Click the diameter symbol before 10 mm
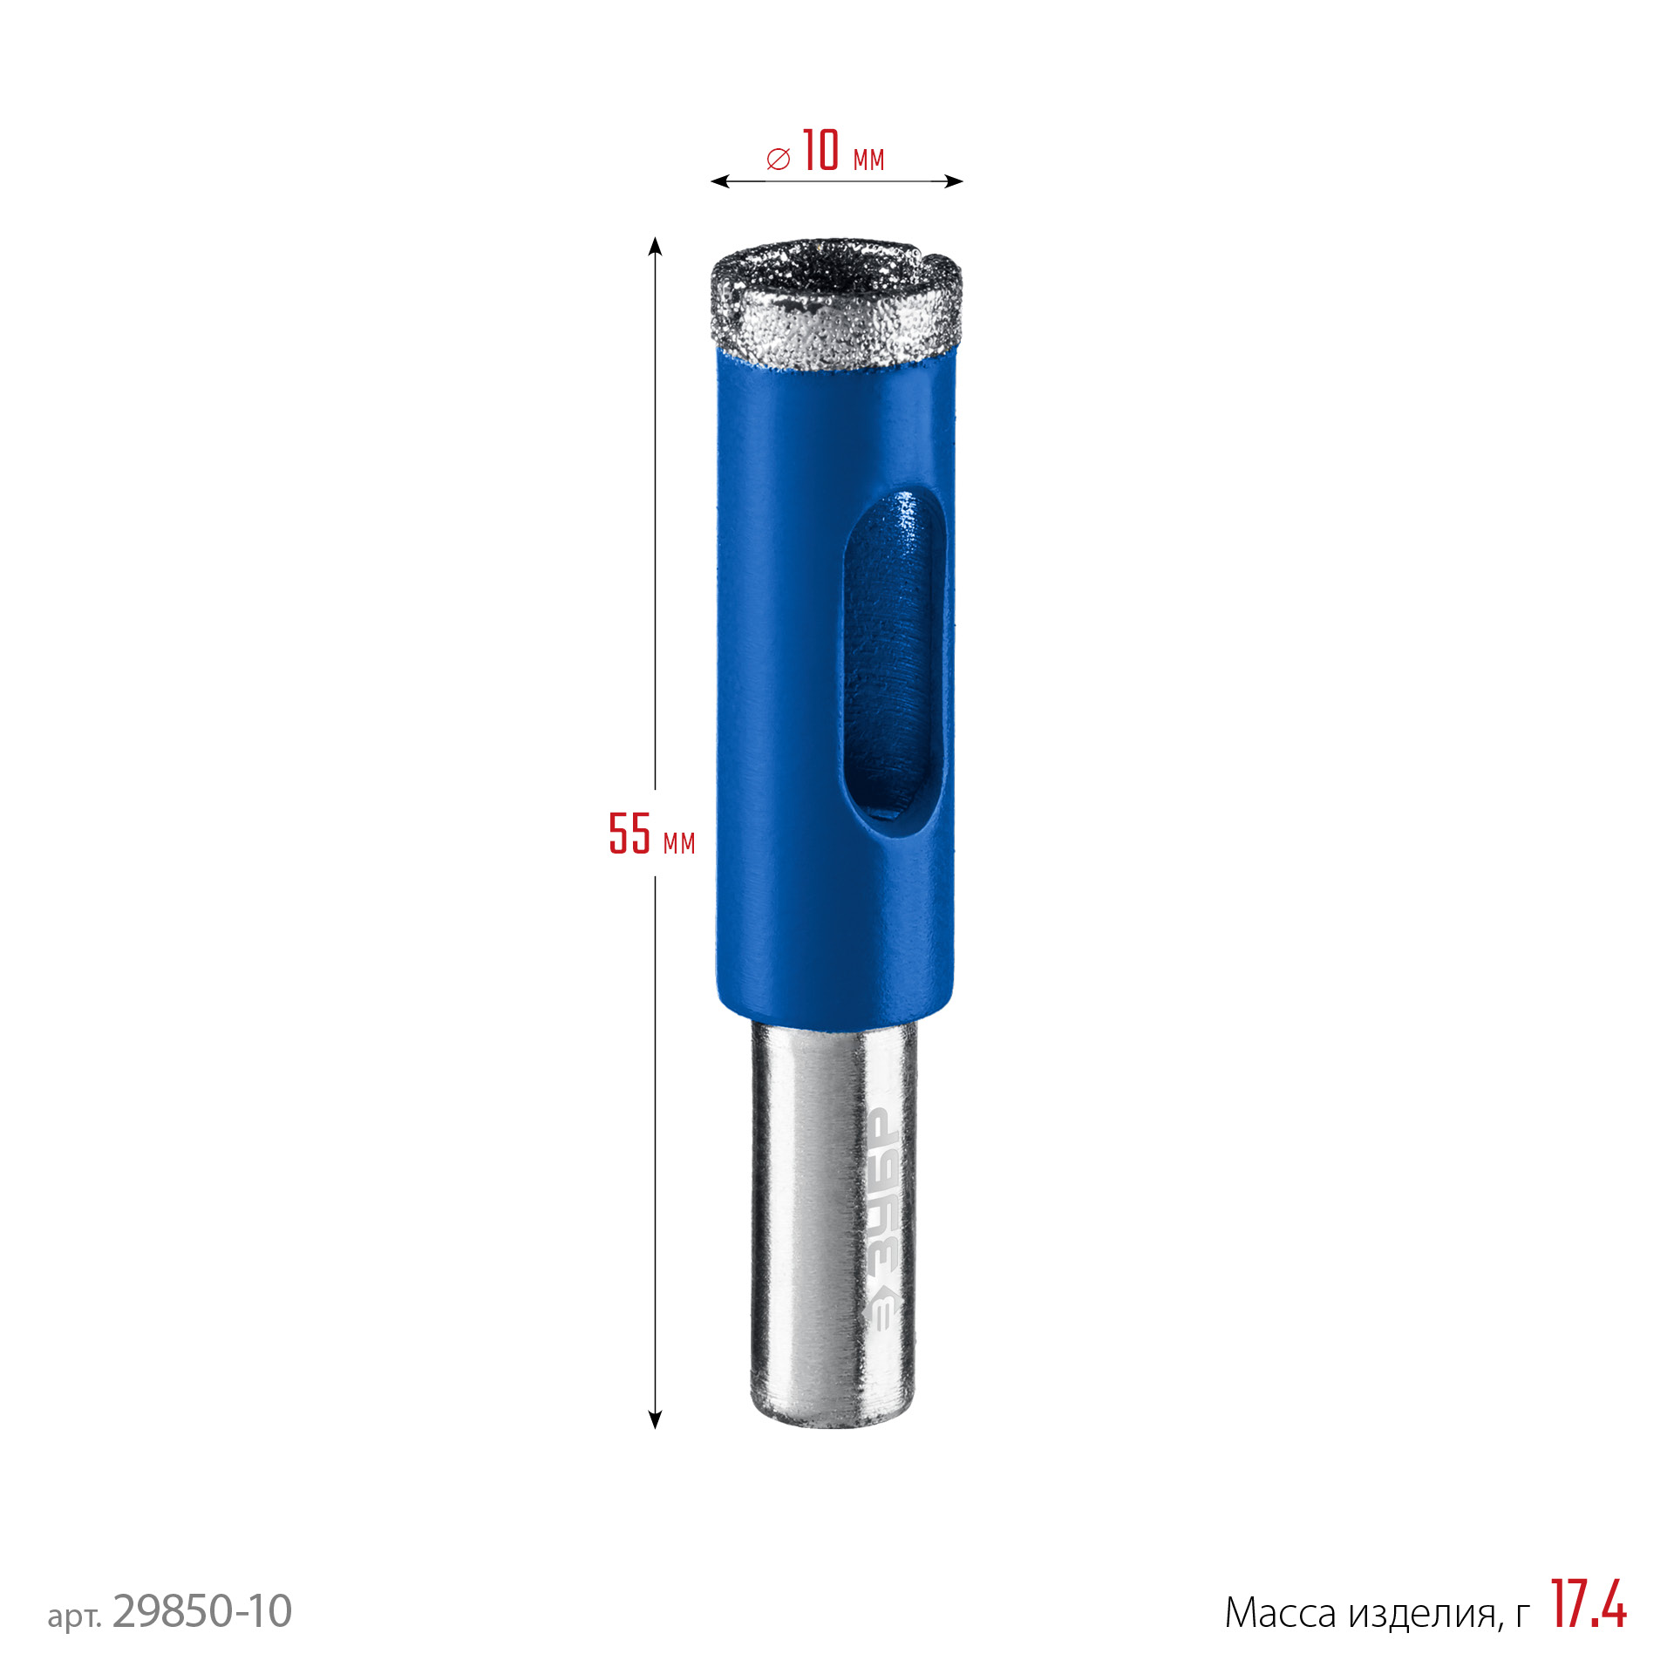click(778, 159)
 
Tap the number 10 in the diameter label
click(820, 150)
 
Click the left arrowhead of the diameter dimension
click(720, 181)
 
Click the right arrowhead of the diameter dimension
click(954, 181)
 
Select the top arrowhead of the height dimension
click(655, 246)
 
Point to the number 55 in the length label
click(629, 833)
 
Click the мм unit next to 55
click(679, 843)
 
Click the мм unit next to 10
click(868, 160)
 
